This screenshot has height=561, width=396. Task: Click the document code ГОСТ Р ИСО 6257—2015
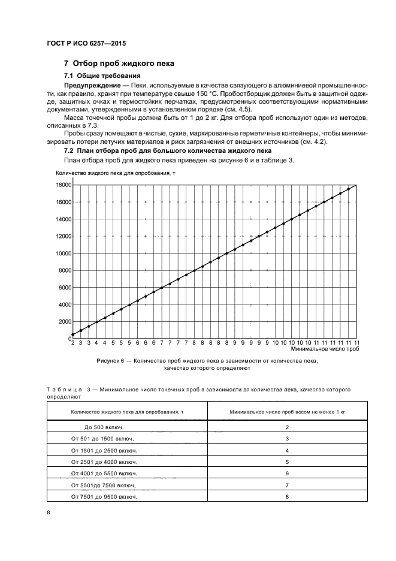[x=86, y=44]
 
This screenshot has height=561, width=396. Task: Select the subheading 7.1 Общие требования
[x=102, y=76]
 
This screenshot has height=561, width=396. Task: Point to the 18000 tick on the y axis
[x=64, y=186]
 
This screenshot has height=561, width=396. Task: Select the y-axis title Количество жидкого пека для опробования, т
[x=115, y=174]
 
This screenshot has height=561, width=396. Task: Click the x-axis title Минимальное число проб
[x=324, y=348]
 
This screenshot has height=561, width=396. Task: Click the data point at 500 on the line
[x=73, y=334]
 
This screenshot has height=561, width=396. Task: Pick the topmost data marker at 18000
[x=356, y=186]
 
